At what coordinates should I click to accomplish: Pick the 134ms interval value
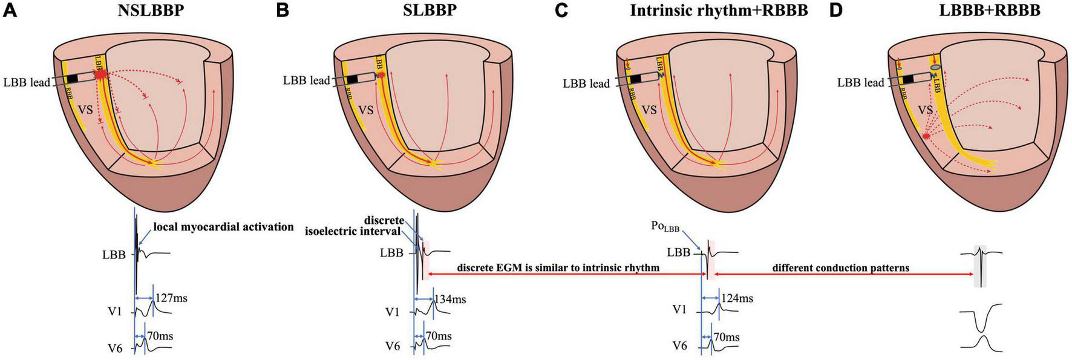(x=450, y=298)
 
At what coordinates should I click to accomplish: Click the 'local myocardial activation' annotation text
(x=223, y=227)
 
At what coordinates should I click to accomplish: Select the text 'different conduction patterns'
(x=840, y=267)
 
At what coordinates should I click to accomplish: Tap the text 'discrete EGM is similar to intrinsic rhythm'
(x=558, y=267)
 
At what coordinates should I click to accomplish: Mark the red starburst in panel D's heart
(x=926, y=137)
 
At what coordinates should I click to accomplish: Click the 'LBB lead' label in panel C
(x=586, y=83)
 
